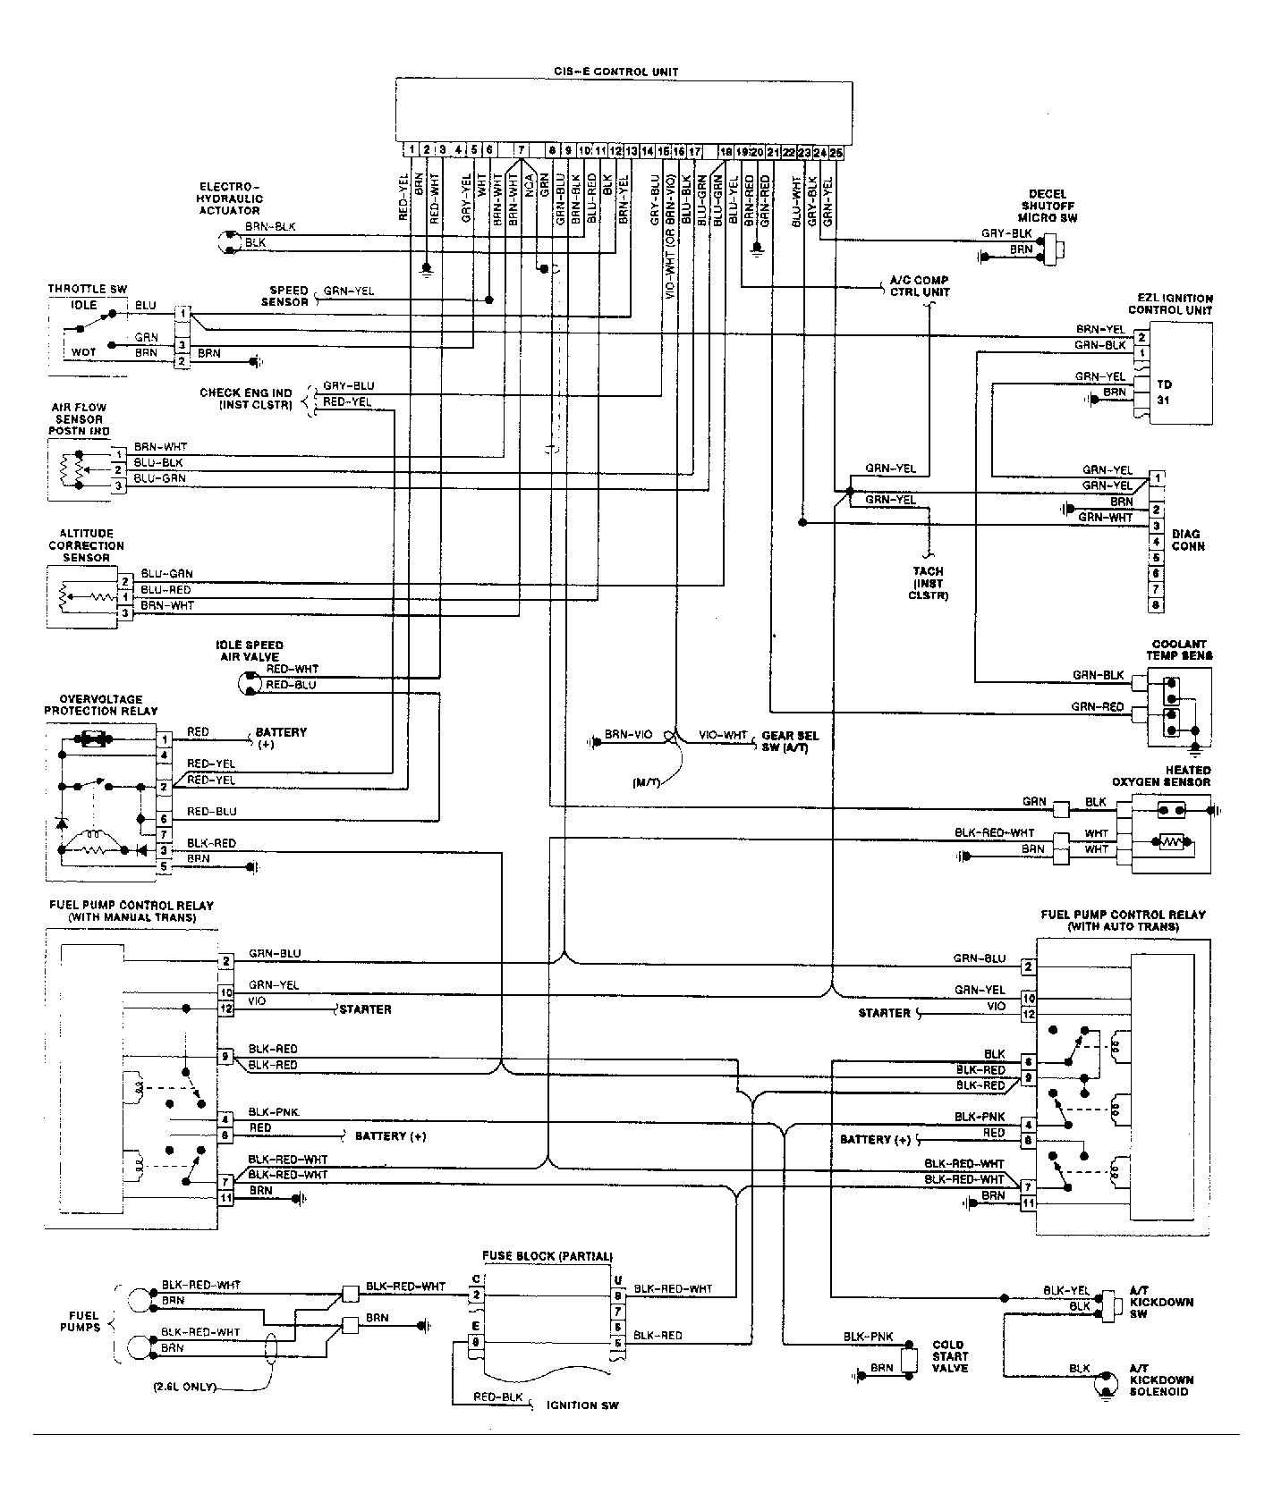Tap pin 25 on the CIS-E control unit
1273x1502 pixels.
836,153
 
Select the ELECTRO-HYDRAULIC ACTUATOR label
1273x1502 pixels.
231,198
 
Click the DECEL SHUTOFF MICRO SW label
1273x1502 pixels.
1053,206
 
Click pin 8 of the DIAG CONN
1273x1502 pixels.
1157,605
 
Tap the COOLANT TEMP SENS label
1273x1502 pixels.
1179,650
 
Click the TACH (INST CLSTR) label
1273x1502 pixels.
928,583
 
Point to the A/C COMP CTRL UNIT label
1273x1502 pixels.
919,286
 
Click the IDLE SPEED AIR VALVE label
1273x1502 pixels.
250,651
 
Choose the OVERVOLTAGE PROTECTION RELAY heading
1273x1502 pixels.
101,705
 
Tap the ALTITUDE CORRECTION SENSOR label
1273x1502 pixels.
86,545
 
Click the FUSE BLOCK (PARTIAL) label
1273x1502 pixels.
547,1255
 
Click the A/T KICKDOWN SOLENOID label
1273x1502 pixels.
1161,1380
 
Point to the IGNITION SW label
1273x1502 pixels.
582,1405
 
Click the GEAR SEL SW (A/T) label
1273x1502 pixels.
789,741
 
